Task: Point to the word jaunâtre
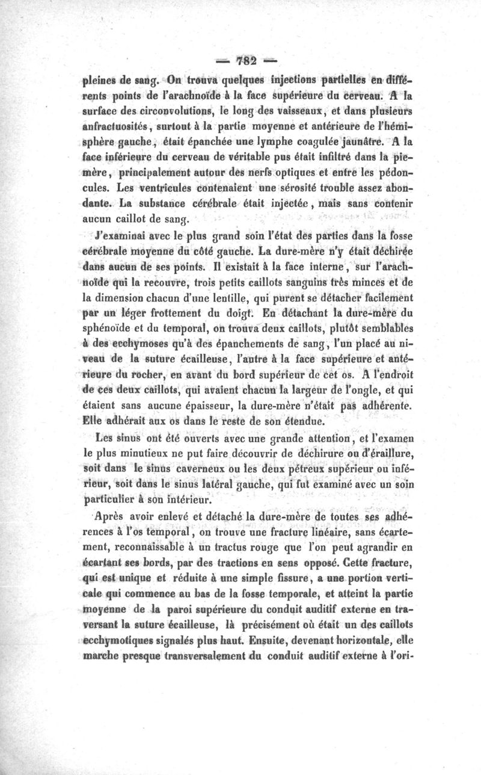[x=350, y=144]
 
